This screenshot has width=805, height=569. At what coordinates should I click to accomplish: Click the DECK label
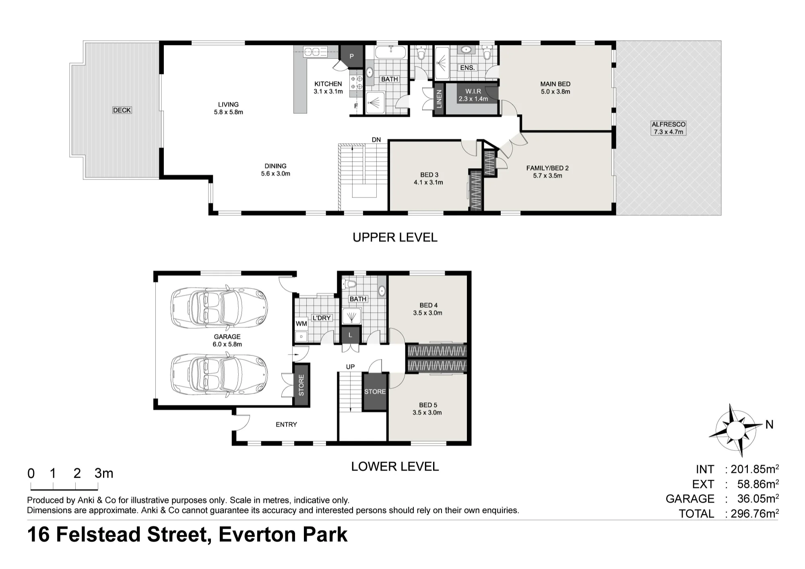tap(122, 110)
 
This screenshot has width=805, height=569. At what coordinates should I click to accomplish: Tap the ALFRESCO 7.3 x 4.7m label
tap(669, 128)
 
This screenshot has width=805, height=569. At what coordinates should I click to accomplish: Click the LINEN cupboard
tap(439, 99)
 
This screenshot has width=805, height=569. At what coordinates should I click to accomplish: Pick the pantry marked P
tap(351, 56)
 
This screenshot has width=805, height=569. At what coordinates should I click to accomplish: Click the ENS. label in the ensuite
tap(467, 68)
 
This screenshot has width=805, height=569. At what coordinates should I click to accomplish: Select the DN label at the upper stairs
tap(376, 140)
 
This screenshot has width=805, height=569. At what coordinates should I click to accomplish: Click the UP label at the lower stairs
tap(351, 367)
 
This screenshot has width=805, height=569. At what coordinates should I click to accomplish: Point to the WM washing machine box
tap(301, 324)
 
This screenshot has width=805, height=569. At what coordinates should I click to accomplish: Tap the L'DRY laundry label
tap(322, 318)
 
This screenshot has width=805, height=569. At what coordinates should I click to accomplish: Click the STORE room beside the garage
tap(301, 385)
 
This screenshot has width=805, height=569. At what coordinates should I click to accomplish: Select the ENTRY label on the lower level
tap(286, 425)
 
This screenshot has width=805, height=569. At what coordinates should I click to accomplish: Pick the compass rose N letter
tap(769, 425)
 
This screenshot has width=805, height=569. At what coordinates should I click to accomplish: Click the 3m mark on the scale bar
tap(104, 473)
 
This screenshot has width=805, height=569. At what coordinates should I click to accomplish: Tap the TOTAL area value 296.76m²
tap(755, 513)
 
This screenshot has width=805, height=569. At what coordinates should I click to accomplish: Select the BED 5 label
tap(428, 405)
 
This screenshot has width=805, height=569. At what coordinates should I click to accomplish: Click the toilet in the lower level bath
tap(349, 284)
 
